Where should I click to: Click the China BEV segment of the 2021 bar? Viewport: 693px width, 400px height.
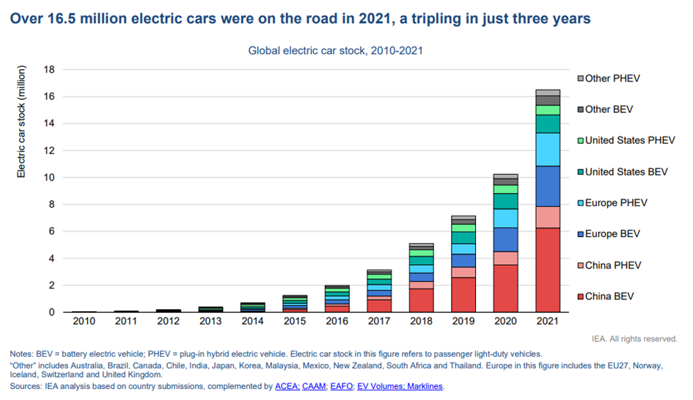[x=548, y=269]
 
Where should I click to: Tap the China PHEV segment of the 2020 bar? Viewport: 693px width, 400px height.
[x=505, y=258]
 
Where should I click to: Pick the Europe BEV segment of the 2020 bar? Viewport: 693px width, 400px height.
[x=505, y=239]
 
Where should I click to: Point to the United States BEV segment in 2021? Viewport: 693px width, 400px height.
[x=548, y=123]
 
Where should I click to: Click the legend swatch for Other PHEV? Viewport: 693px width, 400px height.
[x=580, y=79]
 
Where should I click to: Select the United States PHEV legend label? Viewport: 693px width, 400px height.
[x=630, y=140]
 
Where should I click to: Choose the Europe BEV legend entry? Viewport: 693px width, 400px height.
[x=612, y=234]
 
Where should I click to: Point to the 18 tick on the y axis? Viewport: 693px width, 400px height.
[x=50, y=70]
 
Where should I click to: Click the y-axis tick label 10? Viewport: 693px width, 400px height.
[x=50, y=178]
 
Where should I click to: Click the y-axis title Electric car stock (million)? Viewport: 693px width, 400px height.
[x=21, y=122]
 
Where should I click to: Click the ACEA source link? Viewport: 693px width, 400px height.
[x=286, y=386]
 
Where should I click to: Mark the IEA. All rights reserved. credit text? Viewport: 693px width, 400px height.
[x=634, y=338]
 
